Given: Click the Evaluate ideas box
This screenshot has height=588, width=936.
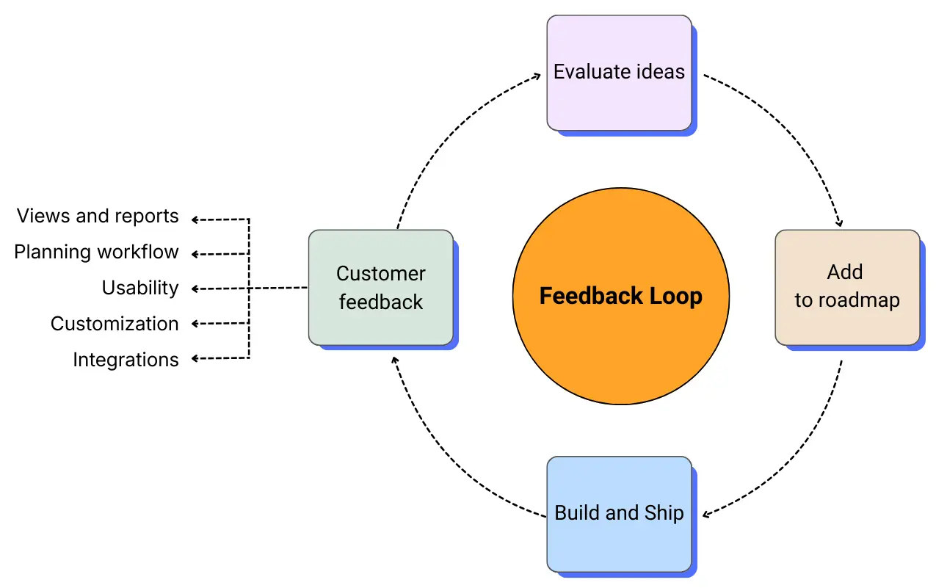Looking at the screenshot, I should coord(619,73).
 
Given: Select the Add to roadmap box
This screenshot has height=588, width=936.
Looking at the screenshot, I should coord(847,287).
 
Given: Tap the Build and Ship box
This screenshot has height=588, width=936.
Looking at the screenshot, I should coord(619,513).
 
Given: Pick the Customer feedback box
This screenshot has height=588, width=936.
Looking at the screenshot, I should coord(380,287).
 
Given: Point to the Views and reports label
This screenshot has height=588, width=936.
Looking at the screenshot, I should coord(97,217).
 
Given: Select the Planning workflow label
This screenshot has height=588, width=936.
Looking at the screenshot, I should coord(96,253).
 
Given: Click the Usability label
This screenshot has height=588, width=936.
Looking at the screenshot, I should coord(139,288).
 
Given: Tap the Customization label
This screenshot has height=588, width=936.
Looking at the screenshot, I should coord(114,324).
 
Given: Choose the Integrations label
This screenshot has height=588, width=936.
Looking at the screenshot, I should coord(126,360).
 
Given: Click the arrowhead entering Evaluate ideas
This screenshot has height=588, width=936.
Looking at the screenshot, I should coord(536,76).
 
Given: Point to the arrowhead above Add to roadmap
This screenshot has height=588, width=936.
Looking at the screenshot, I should coord(838,222).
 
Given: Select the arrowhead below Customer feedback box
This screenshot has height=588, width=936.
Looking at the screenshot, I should coord(394,360).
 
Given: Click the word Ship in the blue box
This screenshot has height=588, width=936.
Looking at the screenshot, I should coord(664,513).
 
